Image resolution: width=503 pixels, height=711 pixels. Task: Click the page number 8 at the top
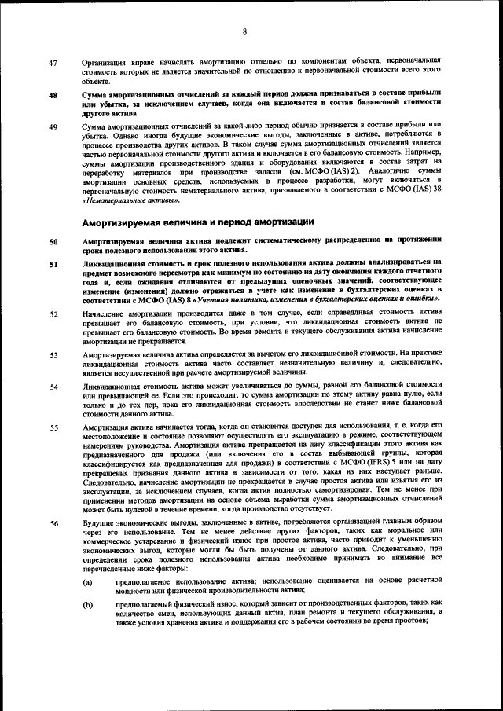coord(245,32)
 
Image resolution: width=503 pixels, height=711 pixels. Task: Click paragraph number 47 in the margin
coord(53,62)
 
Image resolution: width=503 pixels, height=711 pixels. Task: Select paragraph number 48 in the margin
coord(53,96)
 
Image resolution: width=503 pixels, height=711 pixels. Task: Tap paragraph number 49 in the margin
coord(53,126)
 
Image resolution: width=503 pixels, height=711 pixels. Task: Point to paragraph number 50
coord(53,241)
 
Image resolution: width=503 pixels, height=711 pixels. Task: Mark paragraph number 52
coord(53,314)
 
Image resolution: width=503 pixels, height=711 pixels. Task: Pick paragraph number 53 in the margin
coord(53,355)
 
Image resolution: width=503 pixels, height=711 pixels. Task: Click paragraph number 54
coord(53,387)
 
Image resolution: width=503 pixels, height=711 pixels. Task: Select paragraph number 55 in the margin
coord(53,428)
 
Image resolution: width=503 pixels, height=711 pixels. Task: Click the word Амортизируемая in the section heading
coord(128,221)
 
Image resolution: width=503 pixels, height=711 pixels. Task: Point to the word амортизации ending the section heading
coord(284,221)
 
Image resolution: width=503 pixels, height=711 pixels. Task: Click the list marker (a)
coord(89,581)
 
